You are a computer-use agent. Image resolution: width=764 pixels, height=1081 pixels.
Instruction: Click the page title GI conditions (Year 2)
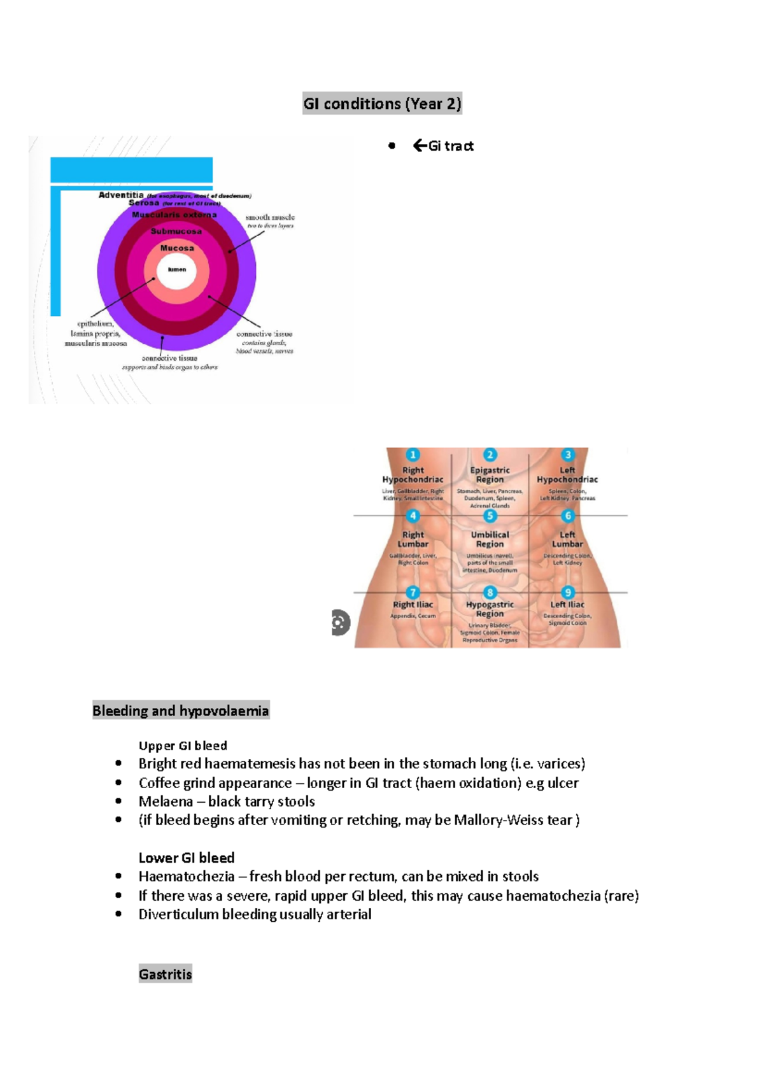382,104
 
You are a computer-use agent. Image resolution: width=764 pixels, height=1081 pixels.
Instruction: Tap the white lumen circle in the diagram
177,270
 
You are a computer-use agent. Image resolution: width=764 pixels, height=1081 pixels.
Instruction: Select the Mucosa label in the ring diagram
177,248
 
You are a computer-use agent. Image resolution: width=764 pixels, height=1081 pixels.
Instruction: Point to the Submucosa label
176,231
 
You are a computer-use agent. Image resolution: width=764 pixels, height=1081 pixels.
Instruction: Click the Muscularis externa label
174,215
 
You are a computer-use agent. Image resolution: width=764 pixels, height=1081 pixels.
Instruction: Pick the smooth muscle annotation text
270,218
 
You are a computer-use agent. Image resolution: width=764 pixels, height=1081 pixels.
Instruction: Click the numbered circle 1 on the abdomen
413,455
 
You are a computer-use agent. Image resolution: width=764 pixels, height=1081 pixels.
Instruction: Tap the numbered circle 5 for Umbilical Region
490,516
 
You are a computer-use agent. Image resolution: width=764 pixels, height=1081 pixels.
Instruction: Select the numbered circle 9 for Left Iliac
568,593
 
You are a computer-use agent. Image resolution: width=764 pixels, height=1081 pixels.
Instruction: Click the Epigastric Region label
490,475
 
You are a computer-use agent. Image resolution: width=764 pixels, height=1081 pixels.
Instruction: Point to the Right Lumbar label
413,539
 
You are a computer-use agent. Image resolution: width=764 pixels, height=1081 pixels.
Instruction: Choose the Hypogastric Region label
490,609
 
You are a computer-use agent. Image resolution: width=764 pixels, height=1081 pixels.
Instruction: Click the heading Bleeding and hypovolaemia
181,710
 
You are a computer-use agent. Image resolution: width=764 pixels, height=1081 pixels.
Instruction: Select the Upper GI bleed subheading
183,745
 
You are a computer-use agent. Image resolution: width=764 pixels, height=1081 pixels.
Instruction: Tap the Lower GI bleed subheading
187,858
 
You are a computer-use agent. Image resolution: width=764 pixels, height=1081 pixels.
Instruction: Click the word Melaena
166,802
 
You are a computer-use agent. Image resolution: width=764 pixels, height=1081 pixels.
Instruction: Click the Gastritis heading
166,974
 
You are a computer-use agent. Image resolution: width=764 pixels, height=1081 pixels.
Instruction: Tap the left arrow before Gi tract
420,146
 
